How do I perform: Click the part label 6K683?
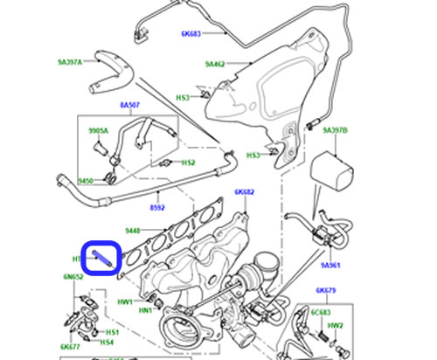pos(191,34)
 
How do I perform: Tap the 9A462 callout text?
pos(216,64)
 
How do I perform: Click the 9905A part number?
pos(98,130)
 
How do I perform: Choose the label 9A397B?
pos(335,130)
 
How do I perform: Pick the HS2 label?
pos(188,163)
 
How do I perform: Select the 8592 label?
pos(156,208)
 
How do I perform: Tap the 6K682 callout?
pos(244,191)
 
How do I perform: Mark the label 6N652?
pos(72,276)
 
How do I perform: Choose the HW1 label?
pos(124,301)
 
